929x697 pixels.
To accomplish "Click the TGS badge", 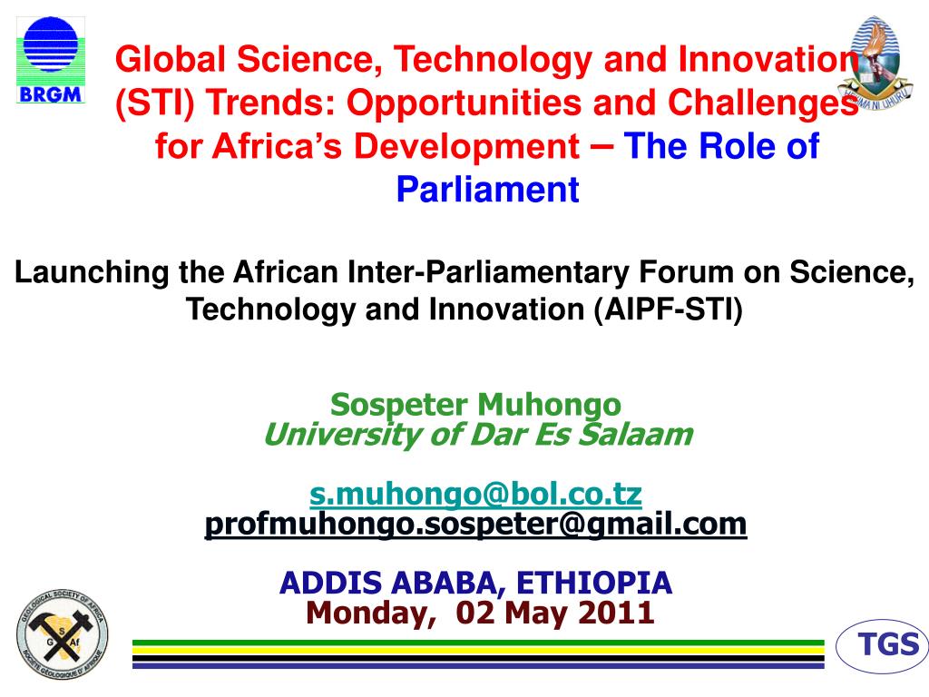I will click(x=888, y=645).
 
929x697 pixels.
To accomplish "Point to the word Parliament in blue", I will click(x=488, y=190).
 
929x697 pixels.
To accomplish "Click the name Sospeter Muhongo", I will click(x=475, y=404).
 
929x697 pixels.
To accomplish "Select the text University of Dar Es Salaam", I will click(x=477, y=436).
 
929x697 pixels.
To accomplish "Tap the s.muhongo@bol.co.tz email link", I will click(x=475, y=495).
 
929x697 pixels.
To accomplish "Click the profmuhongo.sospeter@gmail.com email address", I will click(x=475, y=524).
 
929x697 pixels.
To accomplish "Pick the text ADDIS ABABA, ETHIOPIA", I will click(x=475, y=582).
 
